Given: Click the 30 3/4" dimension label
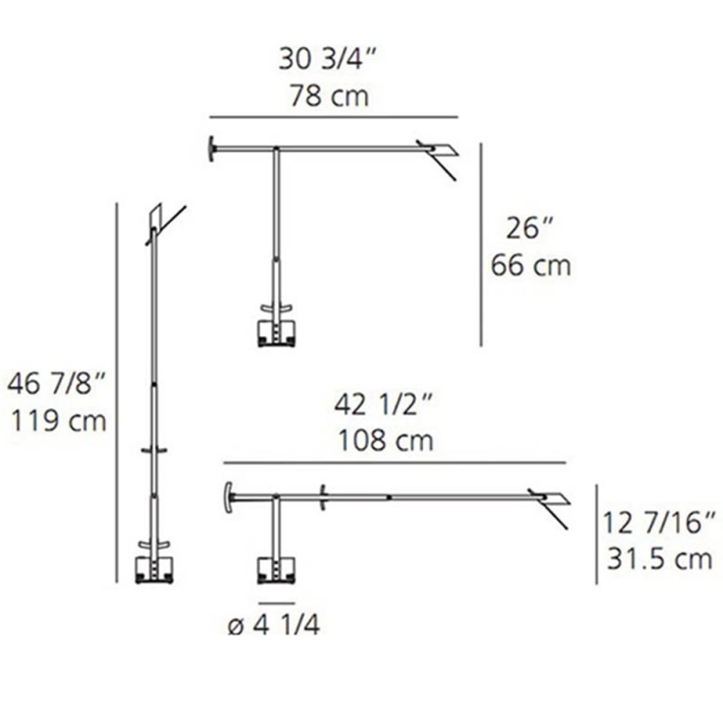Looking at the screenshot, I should pyautogui.click(x=328, y=61).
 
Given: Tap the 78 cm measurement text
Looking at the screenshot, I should pyautogui.click(x=329, y=96).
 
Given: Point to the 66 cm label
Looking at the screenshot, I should pyautogui.click(x=531, y=266).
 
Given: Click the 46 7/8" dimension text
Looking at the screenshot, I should pyautogui.click(x=56, y=384).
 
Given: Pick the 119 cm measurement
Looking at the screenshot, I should pyautogui.click(x=56, y=421).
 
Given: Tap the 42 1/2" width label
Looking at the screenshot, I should pyautogui.click(x=385, y=404).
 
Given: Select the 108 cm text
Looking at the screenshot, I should pyautogui.click(x=386, y=441).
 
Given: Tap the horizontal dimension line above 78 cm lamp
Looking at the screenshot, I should pyautogui.click(x=334, y=117).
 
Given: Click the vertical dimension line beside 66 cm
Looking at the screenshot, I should pyautogui.click(x=481, y=244).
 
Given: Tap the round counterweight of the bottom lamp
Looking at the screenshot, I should pyautogui.click(x=228, y=498).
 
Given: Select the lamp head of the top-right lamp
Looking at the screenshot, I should pyautogui.click(x=439, y=151).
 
